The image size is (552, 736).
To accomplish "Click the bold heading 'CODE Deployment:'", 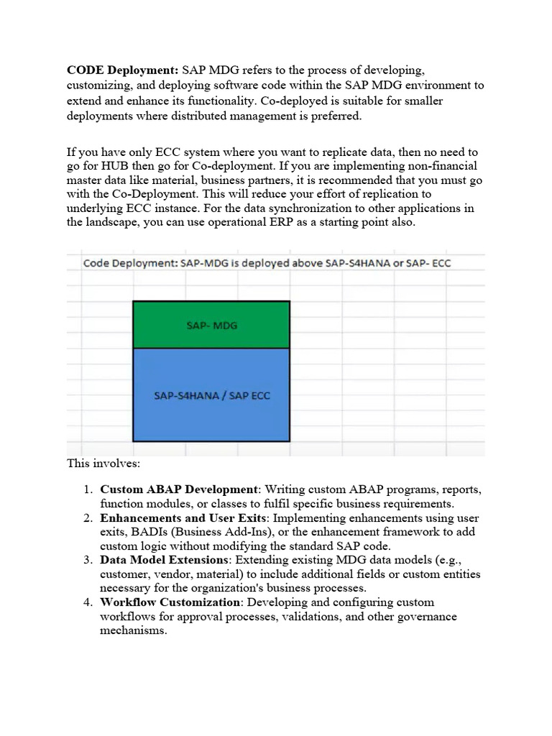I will (122, 70).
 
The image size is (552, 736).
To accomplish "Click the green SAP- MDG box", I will (211, 325).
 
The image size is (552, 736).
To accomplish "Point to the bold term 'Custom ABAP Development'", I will (178, 489).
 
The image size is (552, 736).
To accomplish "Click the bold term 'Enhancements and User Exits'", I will (184, 517).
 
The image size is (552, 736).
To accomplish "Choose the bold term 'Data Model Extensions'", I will (163, 560).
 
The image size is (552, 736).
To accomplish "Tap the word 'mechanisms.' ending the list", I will (134, 631).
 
